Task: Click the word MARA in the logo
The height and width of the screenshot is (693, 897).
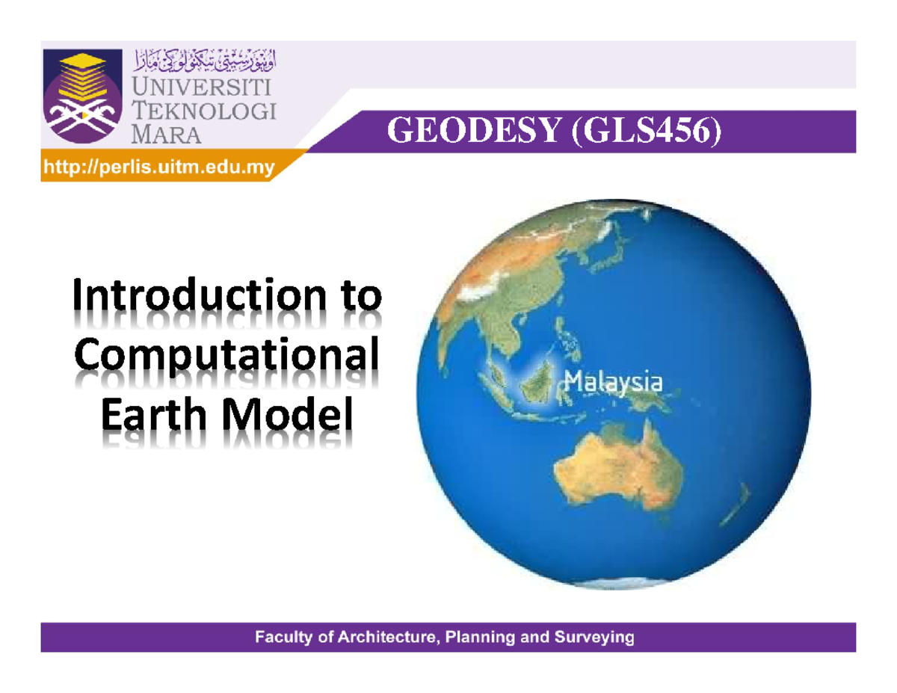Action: click(166, 135)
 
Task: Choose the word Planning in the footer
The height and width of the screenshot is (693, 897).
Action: click(487, 638)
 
